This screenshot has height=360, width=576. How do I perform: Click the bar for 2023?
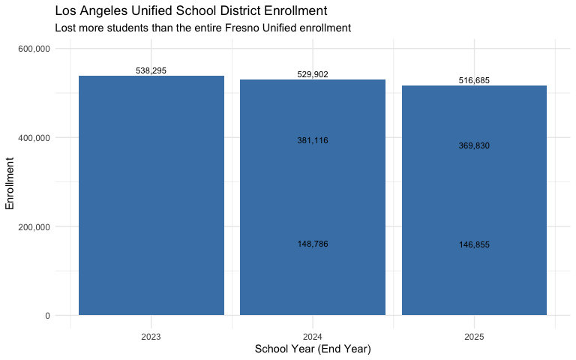(x=151, y=195)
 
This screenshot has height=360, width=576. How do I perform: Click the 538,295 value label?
(x=151, y=70)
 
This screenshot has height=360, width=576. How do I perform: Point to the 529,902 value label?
(x=313, y=74)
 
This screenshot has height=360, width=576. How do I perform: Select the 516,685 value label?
(x=474, y=79)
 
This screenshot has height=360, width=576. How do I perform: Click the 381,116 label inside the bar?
(x=313, y=140)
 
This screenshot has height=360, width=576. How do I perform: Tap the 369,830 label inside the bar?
(x=474, y=145)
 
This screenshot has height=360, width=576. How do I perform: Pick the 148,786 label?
(x=313, y=244)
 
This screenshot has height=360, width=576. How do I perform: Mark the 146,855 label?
(x=474, y=244)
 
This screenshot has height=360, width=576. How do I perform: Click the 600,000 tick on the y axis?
(x=34, y=49)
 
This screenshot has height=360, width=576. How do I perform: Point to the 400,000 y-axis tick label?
(x=34, y=138)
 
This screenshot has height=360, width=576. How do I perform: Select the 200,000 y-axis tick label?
(x=34, y=226)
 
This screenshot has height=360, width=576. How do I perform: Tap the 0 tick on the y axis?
(x=47, y=316)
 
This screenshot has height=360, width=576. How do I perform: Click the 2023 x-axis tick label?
(x=151, y=337)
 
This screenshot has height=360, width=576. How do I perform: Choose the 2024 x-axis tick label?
(x=313, y=337)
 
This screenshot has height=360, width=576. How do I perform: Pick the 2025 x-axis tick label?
(x=474, y=337)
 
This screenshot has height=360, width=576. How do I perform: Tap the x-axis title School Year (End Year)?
(x=313, y=349)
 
